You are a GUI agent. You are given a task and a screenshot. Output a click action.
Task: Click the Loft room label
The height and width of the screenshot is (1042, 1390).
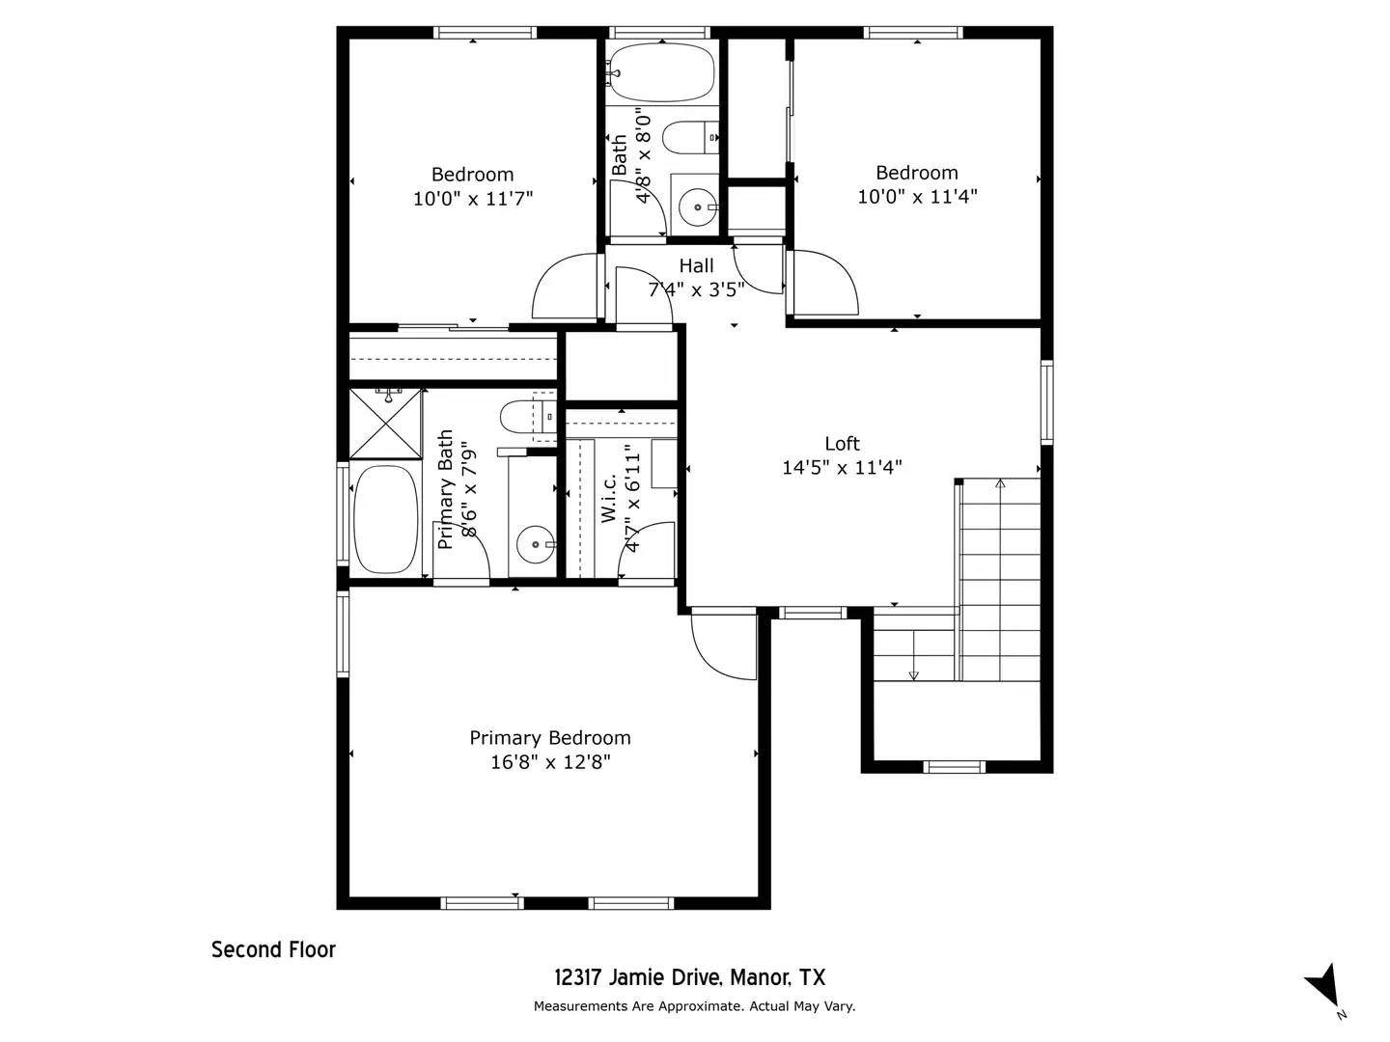point(842,444)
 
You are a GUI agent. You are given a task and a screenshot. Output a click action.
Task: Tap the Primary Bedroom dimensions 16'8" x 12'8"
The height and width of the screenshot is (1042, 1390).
point(550,762)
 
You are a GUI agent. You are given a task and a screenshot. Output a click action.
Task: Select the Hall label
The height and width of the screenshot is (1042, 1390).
point(696,266)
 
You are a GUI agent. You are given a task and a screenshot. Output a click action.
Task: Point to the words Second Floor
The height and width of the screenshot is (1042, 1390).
point(273,949)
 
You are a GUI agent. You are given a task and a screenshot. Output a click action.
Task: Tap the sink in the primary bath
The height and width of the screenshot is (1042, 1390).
point(535,545)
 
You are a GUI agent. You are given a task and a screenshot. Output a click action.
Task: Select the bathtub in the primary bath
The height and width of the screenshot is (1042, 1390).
point(385,519)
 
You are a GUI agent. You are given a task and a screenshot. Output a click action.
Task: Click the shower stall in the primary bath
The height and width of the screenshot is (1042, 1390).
point(385,423)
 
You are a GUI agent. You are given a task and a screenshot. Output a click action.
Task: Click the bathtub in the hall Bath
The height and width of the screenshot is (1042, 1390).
point(662,72)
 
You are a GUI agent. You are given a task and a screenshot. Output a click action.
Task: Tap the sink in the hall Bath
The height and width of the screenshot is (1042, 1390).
point(696,206)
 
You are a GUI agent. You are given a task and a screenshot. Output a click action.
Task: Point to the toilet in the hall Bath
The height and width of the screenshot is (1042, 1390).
point(692,138)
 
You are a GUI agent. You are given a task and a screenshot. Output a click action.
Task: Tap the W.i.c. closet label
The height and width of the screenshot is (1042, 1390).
point(609,499)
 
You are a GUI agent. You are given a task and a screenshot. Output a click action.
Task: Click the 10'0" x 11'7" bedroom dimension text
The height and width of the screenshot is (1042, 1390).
point(473,199)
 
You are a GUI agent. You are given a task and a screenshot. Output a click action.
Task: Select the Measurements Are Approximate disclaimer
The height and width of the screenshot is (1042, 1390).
point(694,1006)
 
